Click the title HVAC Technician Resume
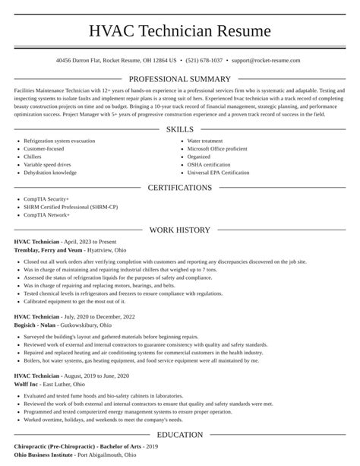180,31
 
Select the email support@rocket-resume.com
266,60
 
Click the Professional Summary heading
180,79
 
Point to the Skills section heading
180,129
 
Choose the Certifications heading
180,187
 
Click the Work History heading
180,229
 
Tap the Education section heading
180,434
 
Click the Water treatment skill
204,141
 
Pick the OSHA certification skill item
209,164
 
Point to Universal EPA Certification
218,173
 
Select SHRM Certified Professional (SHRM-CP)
70,207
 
